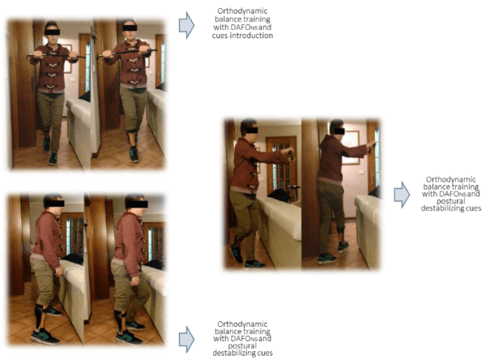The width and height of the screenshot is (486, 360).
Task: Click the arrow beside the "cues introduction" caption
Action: pyautogui.click(x=186, y=25)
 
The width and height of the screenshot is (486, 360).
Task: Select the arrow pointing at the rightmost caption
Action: pyautogui.click(x=402, y=195)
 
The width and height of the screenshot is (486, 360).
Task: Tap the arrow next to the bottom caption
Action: pyautogui.click(x=186, y=339)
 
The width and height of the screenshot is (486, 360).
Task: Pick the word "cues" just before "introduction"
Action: pyautogui.click(x=220, y=36)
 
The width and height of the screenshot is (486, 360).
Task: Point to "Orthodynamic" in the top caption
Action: pyautogui.click(x=242, y=11)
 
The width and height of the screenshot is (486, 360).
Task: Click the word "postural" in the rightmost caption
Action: pyautogui.click(x=451, y=201)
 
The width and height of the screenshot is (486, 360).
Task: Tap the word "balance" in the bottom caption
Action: pyautogui.click(x=228, y=332)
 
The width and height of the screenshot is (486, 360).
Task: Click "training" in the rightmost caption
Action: pyautogui.click(x=465, y=187)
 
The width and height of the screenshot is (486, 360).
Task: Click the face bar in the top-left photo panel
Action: pyautogui.click(x=52, y=32)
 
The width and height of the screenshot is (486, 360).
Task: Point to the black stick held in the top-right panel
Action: pyautogui.click(x=127, y=54)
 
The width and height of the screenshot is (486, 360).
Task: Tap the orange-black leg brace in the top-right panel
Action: pyautogui.click(x=133, y=137)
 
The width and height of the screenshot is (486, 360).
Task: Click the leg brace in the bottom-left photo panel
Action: pyautogui.click(x=40, y=316)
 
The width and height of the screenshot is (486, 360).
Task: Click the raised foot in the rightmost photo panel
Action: pyautogui.click(x=343, y=246)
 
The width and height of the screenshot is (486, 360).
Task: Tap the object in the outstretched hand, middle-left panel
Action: pyautogui.click(x=291, y=154)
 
